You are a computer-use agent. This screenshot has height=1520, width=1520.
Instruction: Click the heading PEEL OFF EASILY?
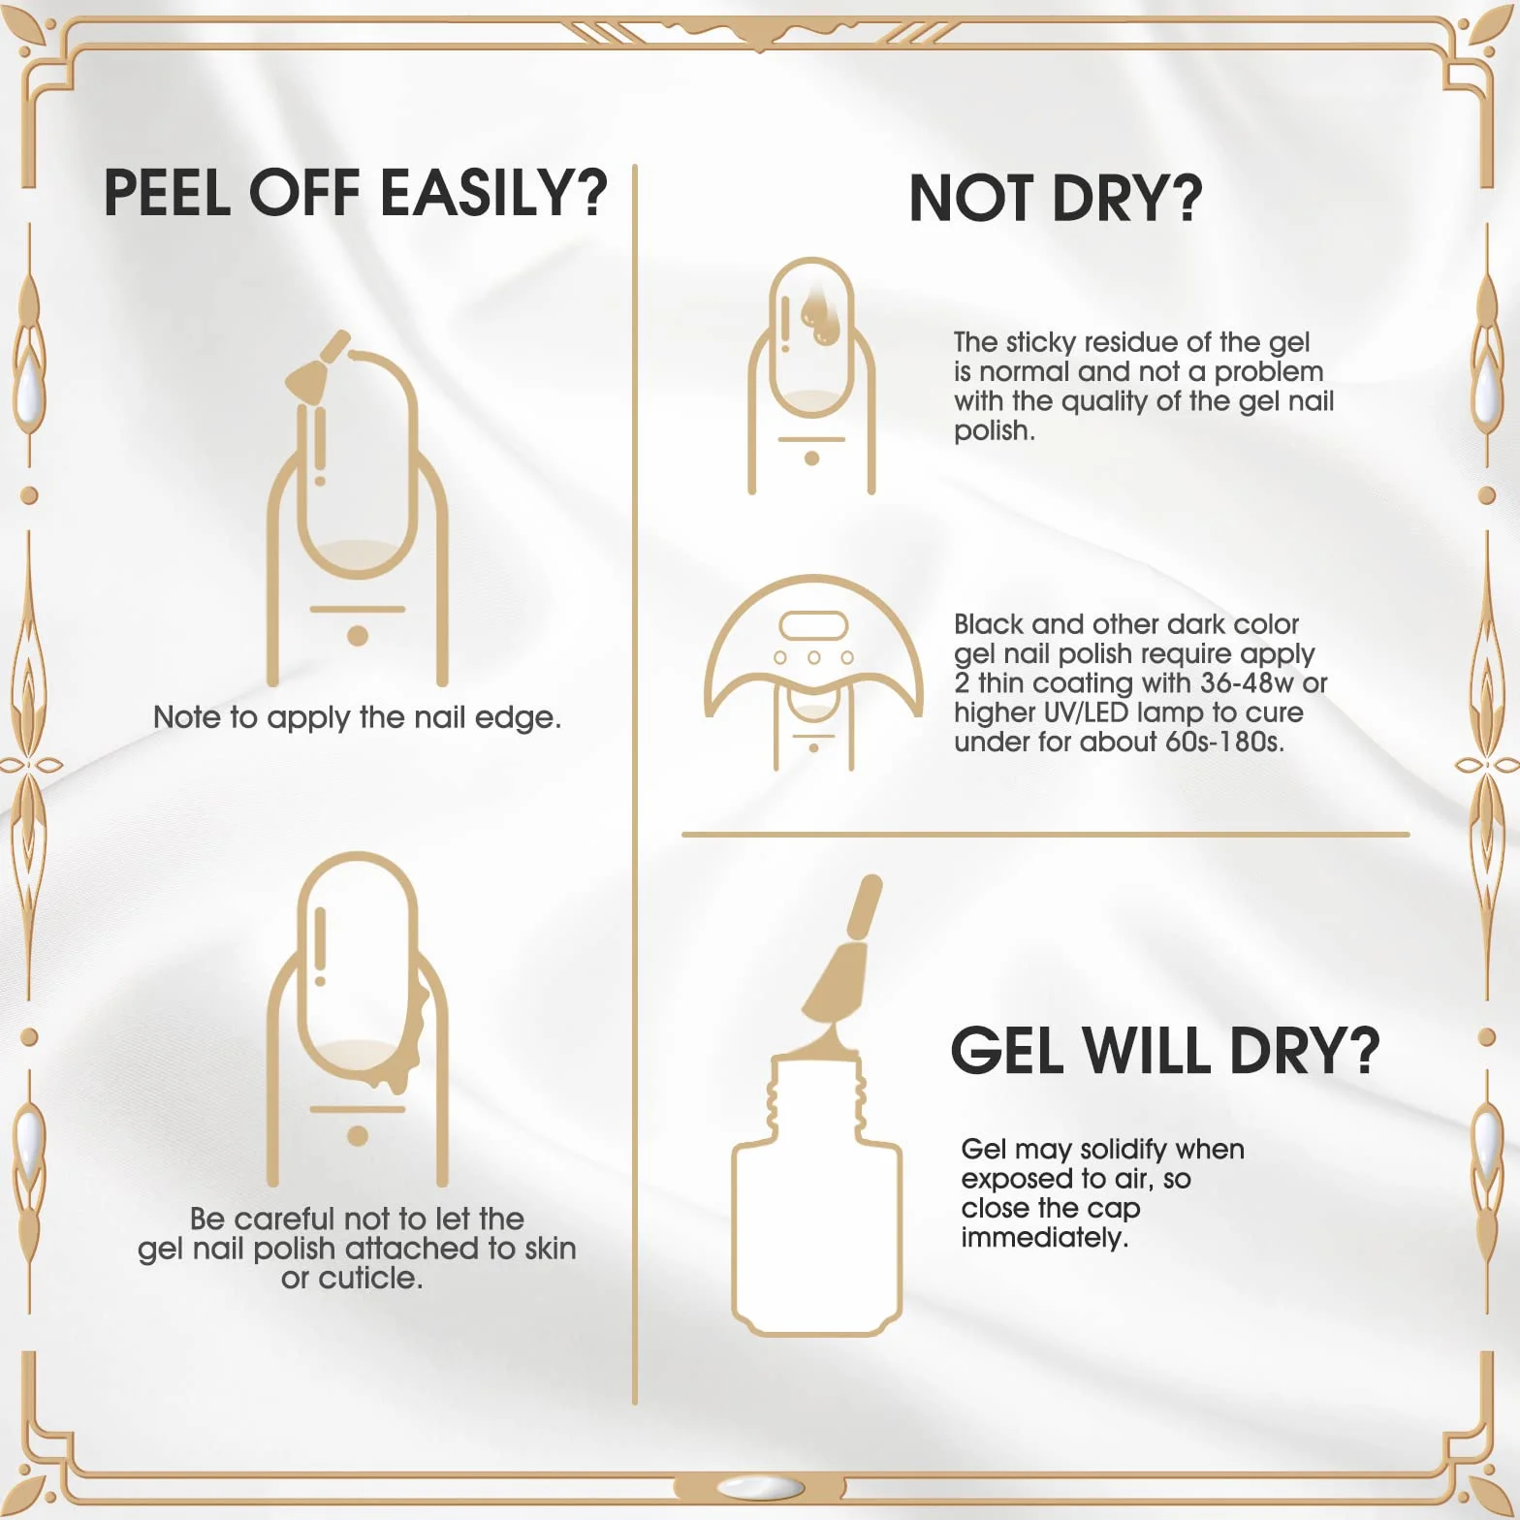coord(355,192)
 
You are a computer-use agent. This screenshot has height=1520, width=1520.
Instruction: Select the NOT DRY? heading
coord(1056,198)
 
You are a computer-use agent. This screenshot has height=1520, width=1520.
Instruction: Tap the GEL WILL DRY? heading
coord(1164,1050)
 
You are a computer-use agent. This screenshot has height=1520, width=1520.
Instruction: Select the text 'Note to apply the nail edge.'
coord(358,717)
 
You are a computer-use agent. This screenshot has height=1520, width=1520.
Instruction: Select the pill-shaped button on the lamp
coord(814,625)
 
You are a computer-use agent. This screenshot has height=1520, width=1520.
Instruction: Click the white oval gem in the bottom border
coord(760,1486)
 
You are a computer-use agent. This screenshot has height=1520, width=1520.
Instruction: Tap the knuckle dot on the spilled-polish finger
coord(358,1136)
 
